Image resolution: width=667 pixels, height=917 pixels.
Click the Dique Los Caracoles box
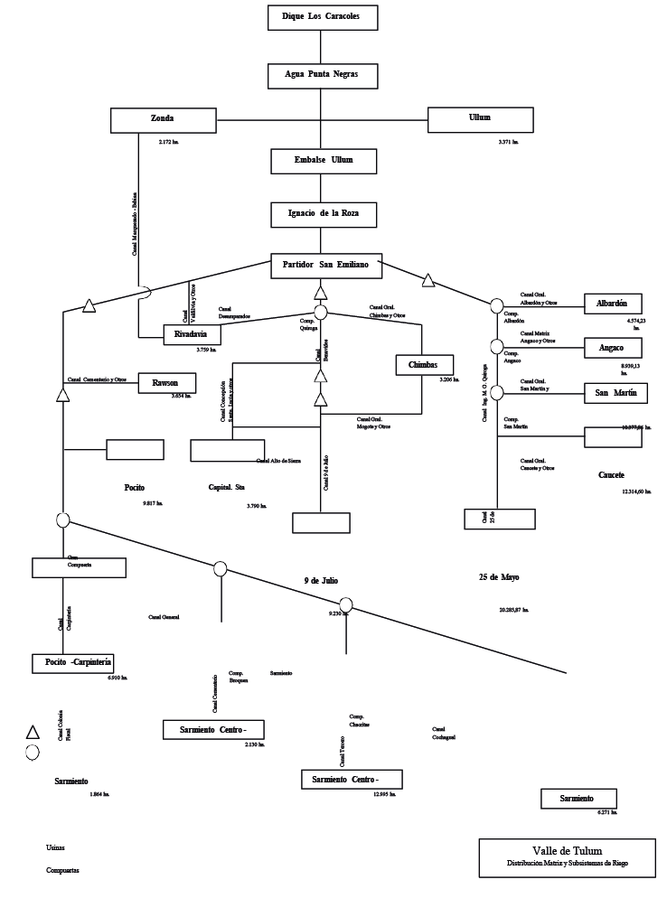[322, 17]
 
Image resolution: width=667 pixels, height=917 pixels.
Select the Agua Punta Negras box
[322, 75]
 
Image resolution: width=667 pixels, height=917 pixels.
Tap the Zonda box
[163, 119]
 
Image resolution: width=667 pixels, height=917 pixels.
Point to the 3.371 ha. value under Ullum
[508, 143]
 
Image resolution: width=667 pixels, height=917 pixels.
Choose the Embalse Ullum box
[322, 161]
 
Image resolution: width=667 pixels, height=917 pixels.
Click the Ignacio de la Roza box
[322, 214]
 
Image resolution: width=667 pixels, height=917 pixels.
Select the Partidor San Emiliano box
[326, 267]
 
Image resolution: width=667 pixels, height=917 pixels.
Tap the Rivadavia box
[192, 334]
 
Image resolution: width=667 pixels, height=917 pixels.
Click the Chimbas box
[423, 364]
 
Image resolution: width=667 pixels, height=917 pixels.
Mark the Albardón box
[616, 304]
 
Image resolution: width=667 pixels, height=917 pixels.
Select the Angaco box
[616, 348]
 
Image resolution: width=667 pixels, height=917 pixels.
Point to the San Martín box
[616, 393]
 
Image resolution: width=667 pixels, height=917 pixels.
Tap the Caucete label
[611, 475]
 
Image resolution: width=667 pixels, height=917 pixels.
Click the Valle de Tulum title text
[567, 852]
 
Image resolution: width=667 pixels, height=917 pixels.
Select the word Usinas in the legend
[55, 847]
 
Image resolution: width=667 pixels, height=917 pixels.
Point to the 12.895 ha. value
[384, 795]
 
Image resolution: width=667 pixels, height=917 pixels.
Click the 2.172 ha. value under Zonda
[169, 143]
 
